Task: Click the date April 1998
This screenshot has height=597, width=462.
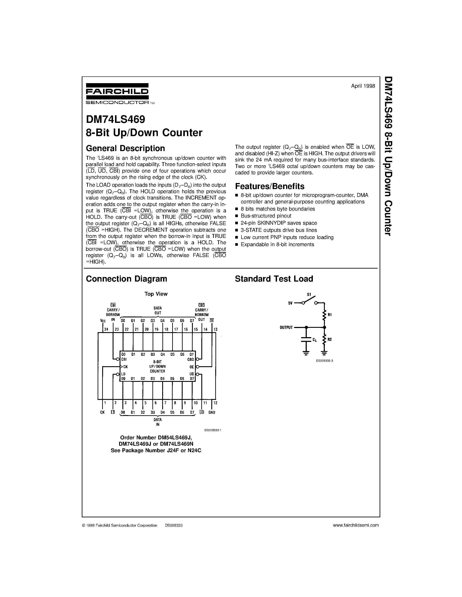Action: pos(363,86)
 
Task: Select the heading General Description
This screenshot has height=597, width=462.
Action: pos(125,148)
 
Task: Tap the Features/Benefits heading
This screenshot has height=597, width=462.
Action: pos(270,186)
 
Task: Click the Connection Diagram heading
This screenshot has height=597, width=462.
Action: pos(127,279)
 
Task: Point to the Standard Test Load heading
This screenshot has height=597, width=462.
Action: pos(274,279)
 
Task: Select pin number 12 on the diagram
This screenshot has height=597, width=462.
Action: pos(215,403)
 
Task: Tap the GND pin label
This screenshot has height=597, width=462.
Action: pos(212,412)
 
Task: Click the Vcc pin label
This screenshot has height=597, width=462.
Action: pos(103,321)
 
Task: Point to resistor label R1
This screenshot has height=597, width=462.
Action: pos(330,315)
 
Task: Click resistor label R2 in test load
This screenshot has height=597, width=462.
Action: pos(330,339)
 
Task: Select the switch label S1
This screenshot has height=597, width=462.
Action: pos(309,294)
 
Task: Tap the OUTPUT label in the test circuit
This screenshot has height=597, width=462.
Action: pos(286,327)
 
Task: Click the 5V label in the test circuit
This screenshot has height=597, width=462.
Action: pos(290,303)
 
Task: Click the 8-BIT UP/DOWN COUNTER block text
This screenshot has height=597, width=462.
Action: pos(157,366)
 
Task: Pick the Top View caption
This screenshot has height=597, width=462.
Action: pos(156,294)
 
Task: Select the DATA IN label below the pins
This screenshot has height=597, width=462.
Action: pos(158,422)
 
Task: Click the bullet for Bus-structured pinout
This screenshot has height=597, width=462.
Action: pos(237,216)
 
